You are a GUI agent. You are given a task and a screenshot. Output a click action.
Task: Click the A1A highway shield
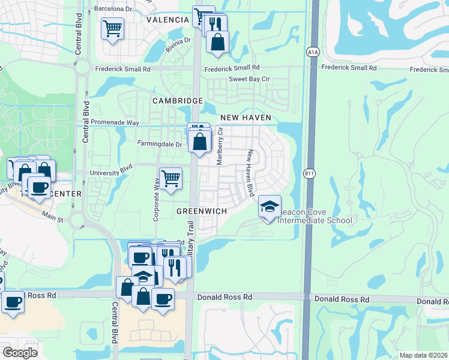[313, 52]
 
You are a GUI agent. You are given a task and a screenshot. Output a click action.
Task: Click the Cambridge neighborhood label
[177, 101]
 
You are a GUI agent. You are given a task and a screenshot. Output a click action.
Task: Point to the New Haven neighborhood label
[246, 118]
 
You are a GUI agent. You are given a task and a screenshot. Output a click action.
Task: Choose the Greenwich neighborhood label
[201, 211]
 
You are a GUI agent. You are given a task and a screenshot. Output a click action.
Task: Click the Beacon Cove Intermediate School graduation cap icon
[270, 208]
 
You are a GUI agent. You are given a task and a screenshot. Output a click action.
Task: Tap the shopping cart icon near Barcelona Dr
[112, 28]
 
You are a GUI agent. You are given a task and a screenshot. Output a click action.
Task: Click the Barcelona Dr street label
[113, 9]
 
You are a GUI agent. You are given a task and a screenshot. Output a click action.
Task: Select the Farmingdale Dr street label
[160, 144]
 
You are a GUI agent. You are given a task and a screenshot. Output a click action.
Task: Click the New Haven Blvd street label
[251, 173]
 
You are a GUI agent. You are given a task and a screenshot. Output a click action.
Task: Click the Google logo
[20, 353]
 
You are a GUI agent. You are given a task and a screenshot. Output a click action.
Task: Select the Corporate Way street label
[156, 203]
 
